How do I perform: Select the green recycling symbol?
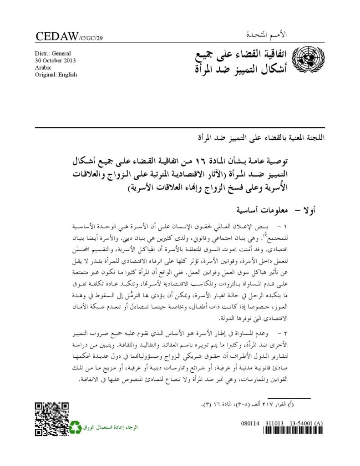pyautogui.click(x=75, y=427)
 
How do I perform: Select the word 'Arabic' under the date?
pyautogui.click(x=43, y=68)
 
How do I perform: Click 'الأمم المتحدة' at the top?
pyautogui.click(x=306, y=35)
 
